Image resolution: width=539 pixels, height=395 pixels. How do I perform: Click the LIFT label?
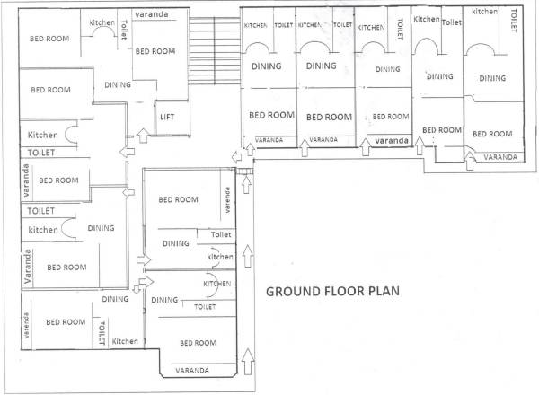(167, 117)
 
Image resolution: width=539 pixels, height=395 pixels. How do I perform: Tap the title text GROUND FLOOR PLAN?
(331, 292)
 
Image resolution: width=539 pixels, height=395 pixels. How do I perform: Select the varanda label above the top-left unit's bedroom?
(155, 15)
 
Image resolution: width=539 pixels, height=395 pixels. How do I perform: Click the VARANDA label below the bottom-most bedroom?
(192, 370)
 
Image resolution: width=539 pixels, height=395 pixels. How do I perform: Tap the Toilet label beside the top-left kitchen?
(121, 29)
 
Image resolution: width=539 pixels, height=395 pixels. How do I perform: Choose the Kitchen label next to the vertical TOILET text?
(124, 341)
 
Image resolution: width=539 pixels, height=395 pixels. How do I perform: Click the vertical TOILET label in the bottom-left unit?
(102, 333)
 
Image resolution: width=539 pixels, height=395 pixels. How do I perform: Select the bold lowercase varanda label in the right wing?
(390, 142)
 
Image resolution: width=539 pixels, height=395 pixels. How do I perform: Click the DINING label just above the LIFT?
(117, 85)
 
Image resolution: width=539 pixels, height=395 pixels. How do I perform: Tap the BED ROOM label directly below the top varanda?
(155, 51)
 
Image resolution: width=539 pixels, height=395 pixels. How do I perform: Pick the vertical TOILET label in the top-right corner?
(514, 19)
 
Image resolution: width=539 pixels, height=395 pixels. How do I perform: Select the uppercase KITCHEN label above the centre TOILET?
(216, 283)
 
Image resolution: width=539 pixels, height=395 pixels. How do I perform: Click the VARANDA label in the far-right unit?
(500, 157)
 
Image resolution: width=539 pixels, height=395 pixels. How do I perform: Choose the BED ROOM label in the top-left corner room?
(49, 39)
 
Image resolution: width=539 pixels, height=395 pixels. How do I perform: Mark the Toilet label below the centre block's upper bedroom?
(220, 234)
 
